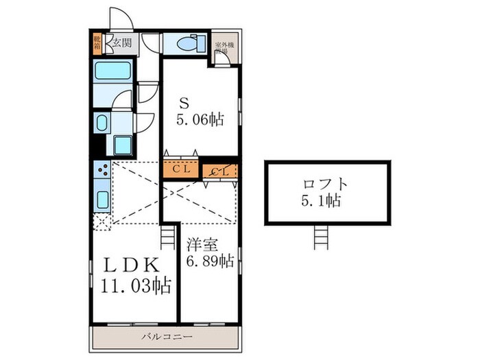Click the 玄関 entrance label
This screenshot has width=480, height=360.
tap(121, 43)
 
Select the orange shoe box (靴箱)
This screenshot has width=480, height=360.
tap(97, 44)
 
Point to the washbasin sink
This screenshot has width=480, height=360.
tap(102, 124)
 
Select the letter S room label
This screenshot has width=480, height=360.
tap(184, 103)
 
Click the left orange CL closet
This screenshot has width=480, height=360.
tap(181, 167)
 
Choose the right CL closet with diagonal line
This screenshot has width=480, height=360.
tap(220, 170)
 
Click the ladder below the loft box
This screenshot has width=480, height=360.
tap(322, 239)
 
